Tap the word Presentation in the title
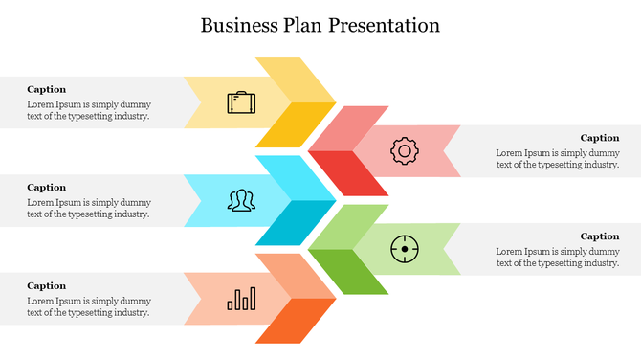pyautogui.click(x=385, y=25)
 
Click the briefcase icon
pyautogui.click(x=241, y=101)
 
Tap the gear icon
pyautogui.click(x=405, y=150)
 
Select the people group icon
pyautogui.click(x=241, y=200)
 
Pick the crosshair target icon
pyautogui.click(x=405, y=249)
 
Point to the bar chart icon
pyautogui.click(x=241, y=299)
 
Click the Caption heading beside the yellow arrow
pyautogui.click(x=47, y=89)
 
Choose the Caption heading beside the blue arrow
pyautogui.click(x=47, y=188)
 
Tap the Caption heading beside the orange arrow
pyautogui.click(x=47, y=285)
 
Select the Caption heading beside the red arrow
pyautogui.click(x=600, y=138)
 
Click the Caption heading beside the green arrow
pyautogui.click(x=600, y=236)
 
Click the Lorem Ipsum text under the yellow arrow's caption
pyautogui.click(x=88, y=110)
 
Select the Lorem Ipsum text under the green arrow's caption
pyautogui.click(x=558, y=257)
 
